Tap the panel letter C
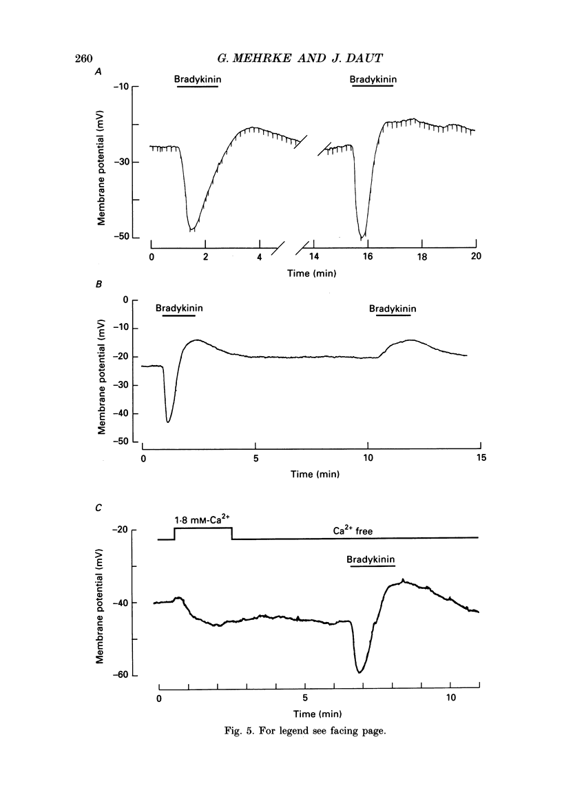tap(98, 508)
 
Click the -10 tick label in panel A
tap(121, 87)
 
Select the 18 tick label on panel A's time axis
tap(421, 256)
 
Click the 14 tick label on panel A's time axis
tap(314, 256)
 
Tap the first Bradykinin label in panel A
tap(198, 79)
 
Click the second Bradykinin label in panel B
tap(392, 308)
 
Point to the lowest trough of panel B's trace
tap(168, 422)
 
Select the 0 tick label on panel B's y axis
tap(125, 300)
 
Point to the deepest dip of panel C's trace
tap(360, 672)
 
